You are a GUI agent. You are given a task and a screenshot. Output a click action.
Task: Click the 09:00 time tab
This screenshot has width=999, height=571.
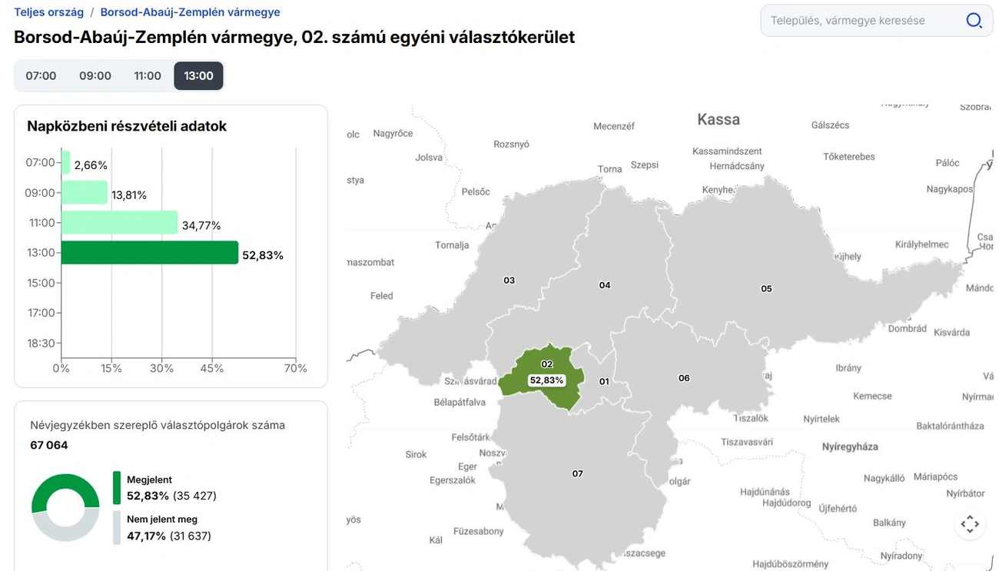tap(95, 76)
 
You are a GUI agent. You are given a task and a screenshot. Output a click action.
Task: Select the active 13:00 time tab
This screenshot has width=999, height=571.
tap(198, 76)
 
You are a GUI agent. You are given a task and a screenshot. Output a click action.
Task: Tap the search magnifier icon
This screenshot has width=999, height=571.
tap(974, 21)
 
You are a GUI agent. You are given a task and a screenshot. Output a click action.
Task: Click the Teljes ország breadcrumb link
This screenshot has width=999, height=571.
tap(48, 12)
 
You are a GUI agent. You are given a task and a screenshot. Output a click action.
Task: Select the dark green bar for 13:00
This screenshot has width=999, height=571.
tap(150, 253)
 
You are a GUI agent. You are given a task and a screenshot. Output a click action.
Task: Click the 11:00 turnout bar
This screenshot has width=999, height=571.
tap(119, 223)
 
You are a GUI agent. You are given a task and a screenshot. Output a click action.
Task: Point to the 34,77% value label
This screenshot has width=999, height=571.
tap(201, 226)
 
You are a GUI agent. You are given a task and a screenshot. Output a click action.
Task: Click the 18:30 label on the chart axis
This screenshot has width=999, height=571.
tap(40, 344)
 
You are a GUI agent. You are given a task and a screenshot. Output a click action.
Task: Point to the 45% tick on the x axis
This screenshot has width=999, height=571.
tap(212, 369)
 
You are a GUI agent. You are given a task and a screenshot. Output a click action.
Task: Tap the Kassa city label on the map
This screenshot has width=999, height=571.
tap(719, 119)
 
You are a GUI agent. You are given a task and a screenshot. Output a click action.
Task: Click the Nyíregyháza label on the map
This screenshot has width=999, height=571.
tap(850, 447)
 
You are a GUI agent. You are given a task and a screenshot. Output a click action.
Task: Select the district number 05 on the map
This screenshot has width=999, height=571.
tap(766, 289)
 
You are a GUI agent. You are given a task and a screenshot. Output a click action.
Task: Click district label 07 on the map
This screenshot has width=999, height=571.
tap(578, 474)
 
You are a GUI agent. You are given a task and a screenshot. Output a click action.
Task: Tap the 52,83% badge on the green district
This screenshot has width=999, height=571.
tap(546, 380)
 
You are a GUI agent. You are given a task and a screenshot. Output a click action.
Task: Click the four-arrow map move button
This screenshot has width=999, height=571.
tap(970, 525)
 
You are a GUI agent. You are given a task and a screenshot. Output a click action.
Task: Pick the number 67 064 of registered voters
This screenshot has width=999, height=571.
tap(49, 446)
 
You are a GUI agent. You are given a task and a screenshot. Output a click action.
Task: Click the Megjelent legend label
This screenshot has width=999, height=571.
tap(149, 480)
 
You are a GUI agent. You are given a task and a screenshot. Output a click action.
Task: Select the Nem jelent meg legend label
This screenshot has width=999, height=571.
tap(161, 520)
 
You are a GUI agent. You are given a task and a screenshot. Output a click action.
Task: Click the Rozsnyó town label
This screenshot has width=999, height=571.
tap(511, 144)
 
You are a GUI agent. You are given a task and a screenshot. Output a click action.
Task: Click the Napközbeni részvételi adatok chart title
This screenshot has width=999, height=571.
tap(127, 126)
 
